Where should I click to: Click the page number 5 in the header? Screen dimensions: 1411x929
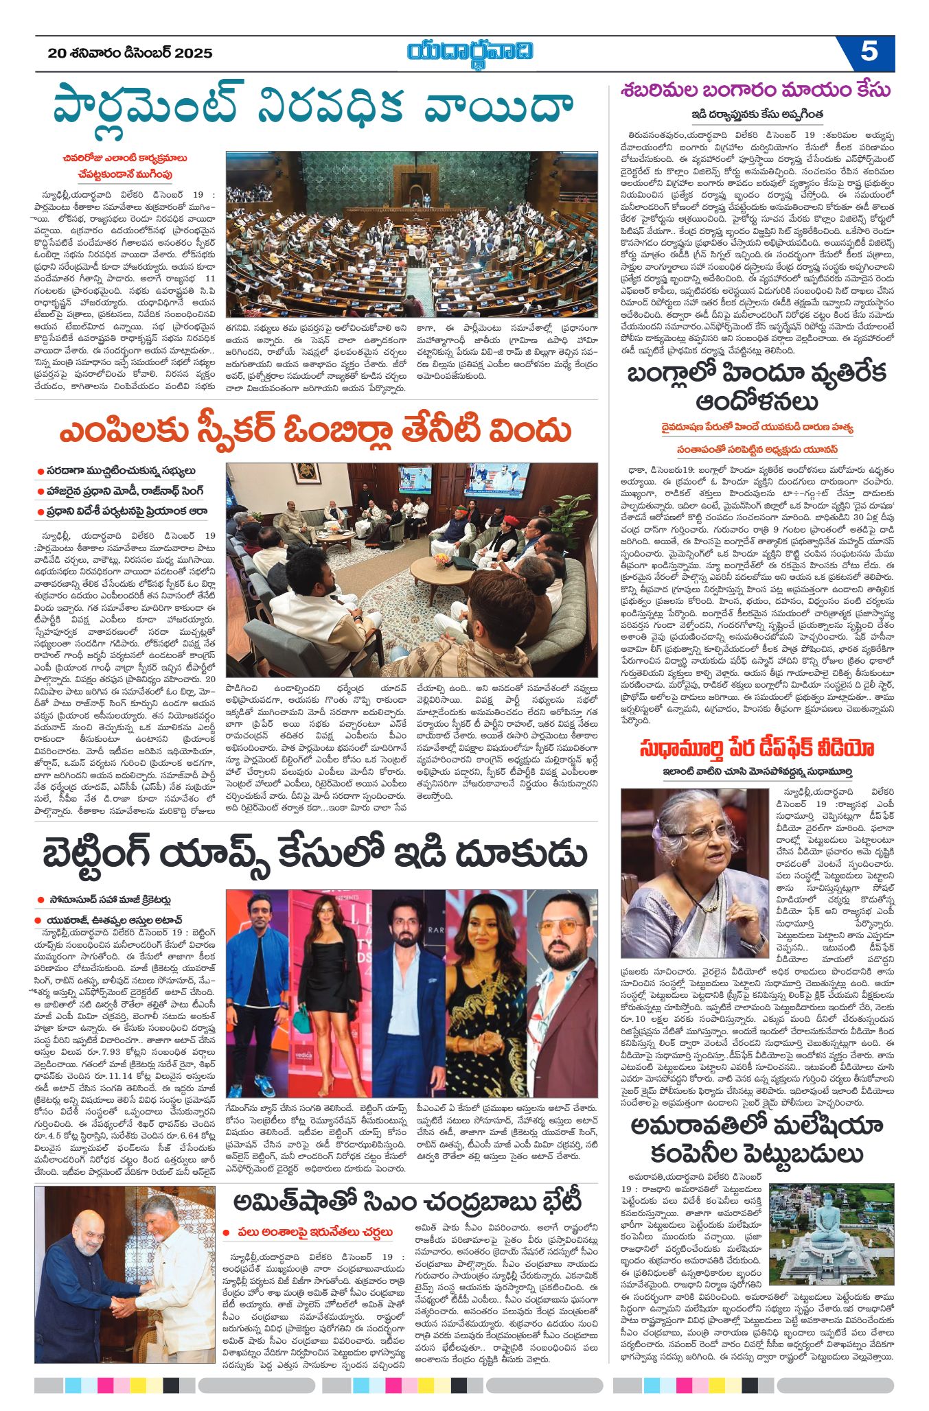point(869,51)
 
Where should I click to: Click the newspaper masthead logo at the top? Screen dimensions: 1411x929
point(470,52)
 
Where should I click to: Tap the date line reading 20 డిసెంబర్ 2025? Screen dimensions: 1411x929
point(130,54)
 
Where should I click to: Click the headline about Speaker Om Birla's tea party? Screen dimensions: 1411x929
point(315,432)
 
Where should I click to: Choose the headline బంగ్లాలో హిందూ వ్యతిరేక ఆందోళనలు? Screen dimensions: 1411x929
point(756,386)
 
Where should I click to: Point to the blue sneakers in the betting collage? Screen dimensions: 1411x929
point(264,1086)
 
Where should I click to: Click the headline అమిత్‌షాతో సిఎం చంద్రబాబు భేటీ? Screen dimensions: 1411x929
point(407,1201)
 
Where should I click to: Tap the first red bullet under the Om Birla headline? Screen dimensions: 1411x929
point(41,471)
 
